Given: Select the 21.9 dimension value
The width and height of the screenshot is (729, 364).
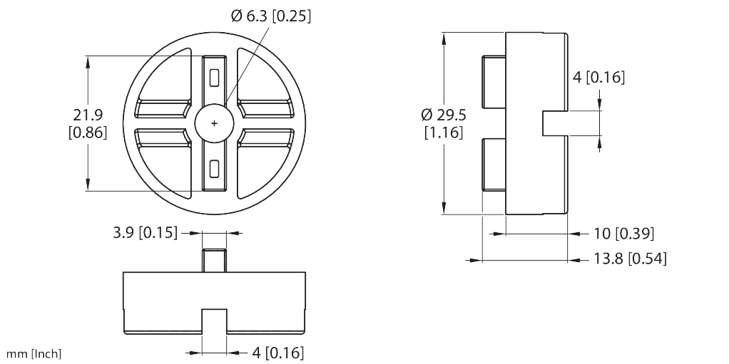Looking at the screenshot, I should click(87, 115).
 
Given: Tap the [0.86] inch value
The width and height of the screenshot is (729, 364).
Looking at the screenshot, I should click(87, 132).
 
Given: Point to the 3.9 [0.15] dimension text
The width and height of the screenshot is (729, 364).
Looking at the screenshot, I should click(145, 232).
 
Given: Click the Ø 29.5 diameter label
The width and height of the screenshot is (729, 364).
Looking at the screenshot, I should click(443, 115).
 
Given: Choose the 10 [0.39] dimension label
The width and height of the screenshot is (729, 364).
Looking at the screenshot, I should click(624, 234).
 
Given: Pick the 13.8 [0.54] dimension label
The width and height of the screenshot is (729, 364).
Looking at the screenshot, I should click(630, 259).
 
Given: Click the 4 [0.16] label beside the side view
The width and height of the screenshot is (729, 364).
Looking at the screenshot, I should click(599, 78).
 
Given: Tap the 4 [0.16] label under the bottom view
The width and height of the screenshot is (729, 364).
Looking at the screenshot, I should click(278, 352).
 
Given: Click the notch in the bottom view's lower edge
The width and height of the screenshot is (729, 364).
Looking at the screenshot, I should click(215, 321).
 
